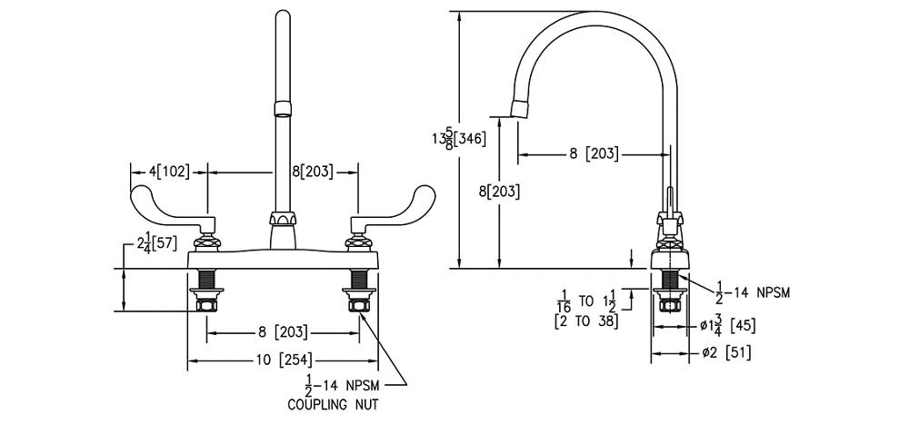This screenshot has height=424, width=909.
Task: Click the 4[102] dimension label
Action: pyautogui.click(x=171, y=171)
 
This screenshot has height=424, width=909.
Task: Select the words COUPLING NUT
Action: pyautogui.click(x=332, y=405)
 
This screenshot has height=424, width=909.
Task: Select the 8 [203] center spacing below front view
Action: pyautogui.click(x=283, y=332)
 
